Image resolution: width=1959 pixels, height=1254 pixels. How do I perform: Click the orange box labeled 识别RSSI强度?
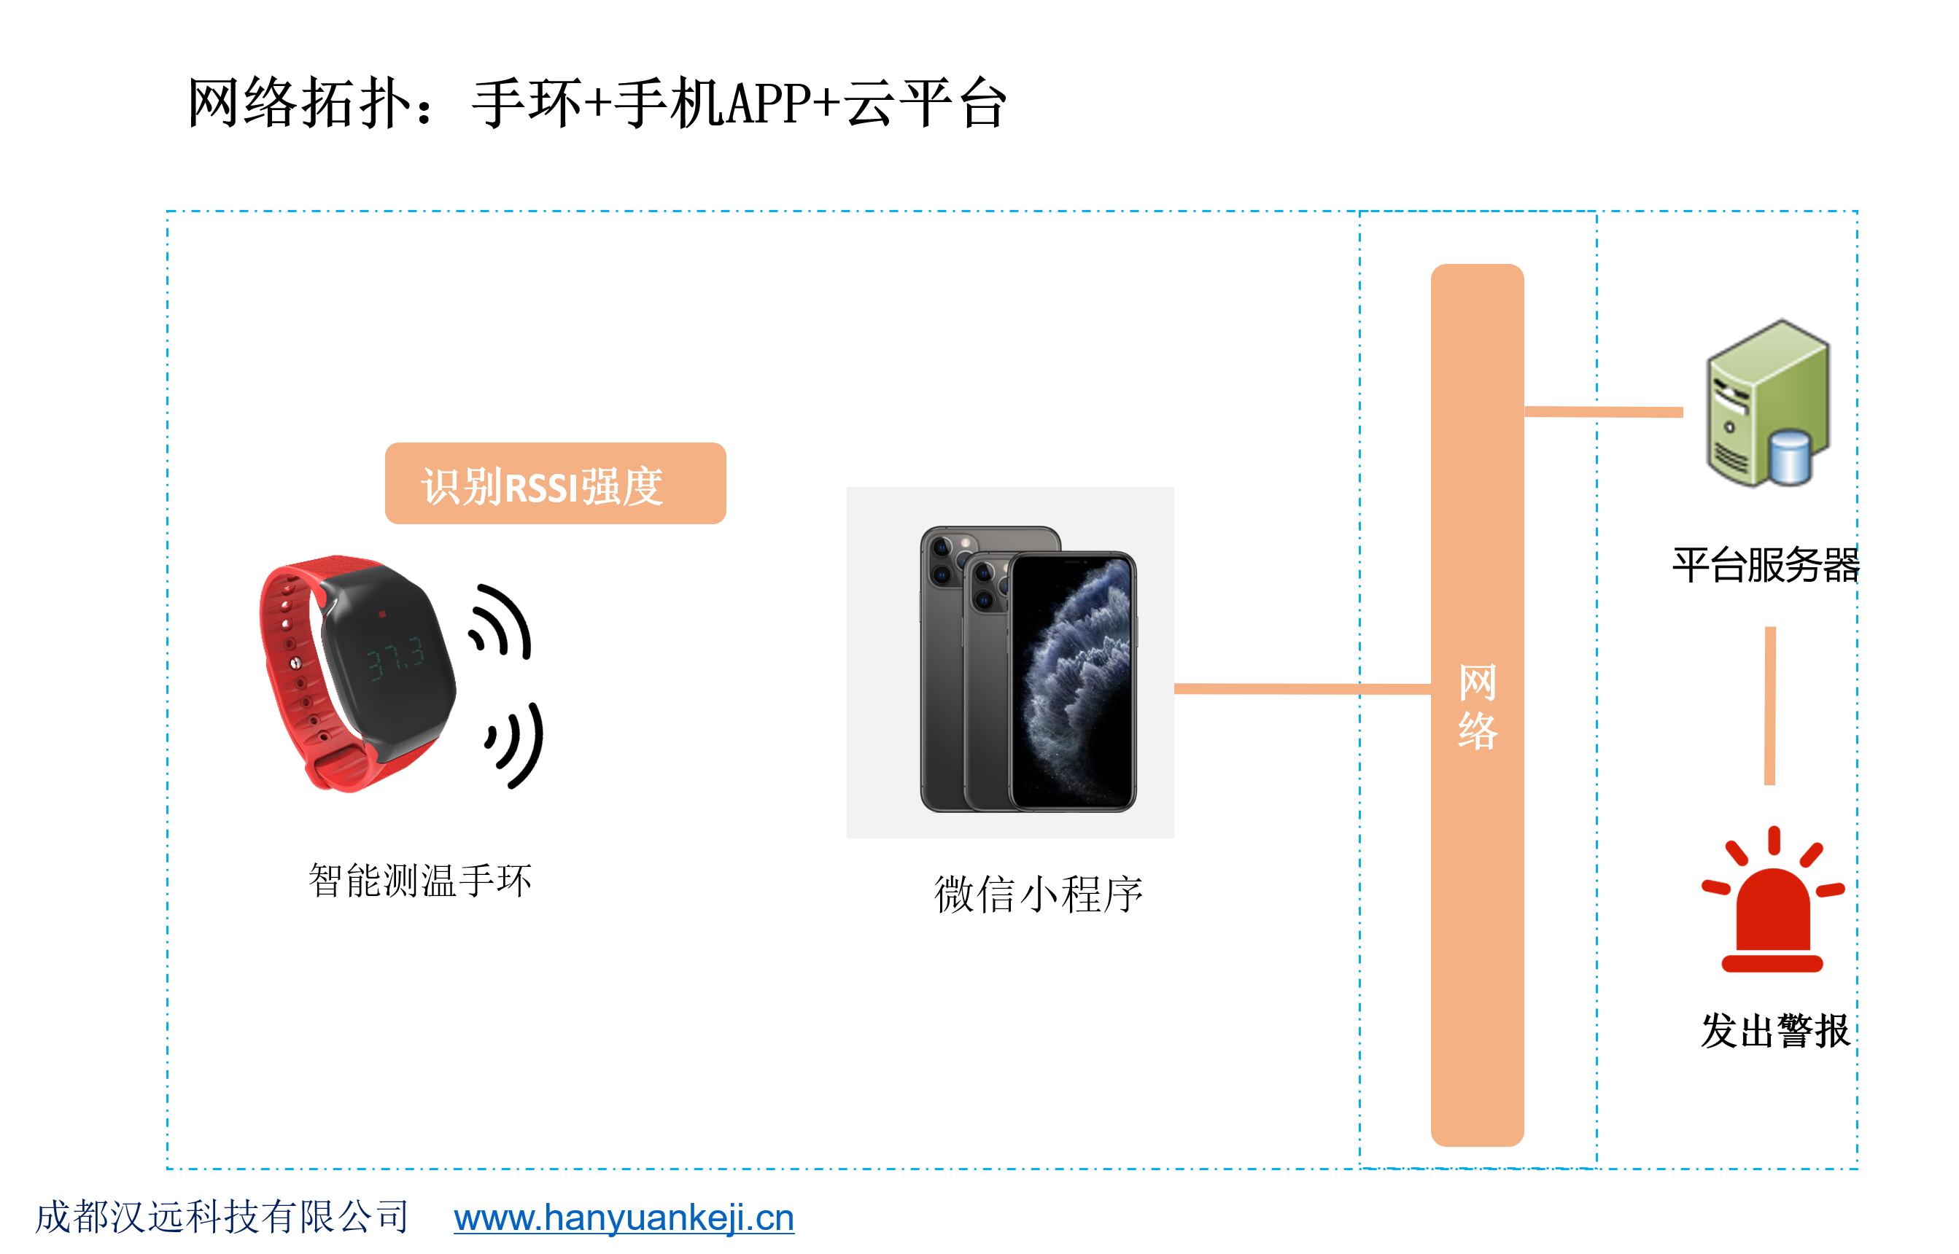click(x=556, y=483)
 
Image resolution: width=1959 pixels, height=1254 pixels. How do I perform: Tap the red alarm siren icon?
click(x=1772, y=899)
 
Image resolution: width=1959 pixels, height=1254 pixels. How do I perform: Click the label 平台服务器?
click(x=1766, y=564)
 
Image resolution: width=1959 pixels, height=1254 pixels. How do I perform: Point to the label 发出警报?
click(x=1775, y=1030)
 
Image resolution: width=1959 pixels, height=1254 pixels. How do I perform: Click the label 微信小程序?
click(x=1039, y=894)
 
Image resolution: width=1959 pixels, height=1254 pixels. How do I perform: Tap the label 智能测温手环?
click(x=420, y=879)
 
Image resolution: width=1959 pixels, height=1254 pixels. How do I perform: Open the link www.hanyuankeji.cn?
click(x=624, y=1218)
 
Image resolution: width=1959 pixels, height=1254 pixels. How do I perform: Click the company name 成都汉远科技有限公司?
click(x=222, y=1217)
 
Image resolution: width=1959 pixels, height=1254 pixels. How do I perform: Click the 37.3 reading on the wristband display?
click(x=395, y=657)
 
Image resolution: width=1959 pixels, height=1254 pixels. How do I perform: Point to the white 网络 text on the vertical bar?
click(x=1478, y=706)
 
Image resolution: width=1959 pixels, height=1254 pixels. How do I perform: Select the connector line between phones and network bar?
click(x=1303, y=689)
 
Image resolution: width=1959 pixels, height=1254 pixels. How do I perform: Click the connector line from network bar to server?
click(x=1603, y=411)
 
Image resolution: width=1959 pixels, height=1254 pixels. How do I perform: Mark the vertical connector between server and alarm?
click(x=1769, y=705)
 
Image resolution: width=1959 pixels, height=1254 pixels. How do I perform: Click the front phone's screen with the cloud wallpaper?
click(x=1073, y=681)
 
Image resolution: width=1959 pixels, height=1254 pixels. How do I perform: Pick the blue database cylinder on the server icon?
click(x=1790, y=457)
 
